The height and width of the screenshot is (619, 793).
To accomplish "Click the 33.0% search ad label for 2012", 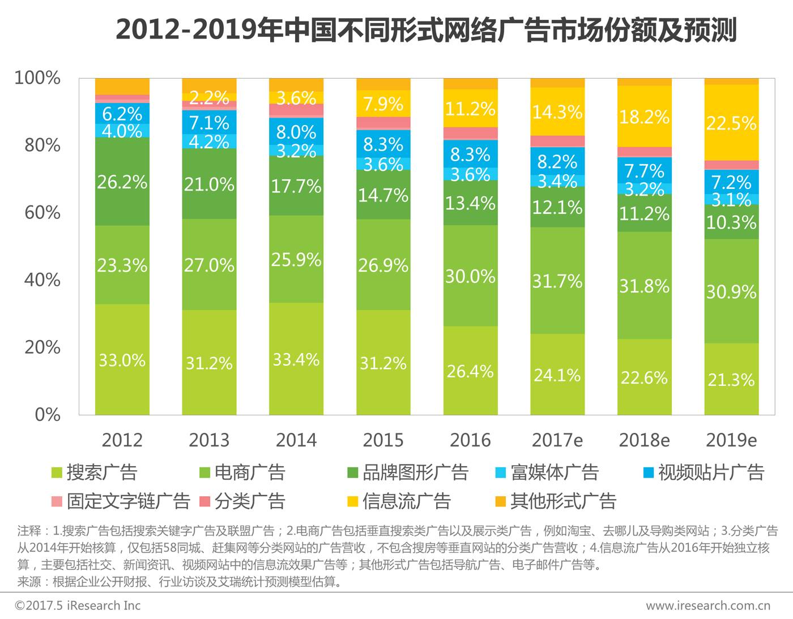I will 122,360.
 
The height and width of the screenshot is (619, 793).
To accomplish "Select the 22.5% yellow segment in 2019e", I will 731,123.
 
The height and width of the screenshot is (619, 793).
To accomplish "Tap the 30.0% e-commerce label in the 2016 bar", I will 470,277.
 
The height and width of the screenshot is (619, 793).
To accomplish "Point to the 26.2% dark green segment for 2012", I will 122,182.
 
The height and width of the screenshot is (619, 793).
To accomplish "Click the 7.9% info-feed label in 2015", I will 383,104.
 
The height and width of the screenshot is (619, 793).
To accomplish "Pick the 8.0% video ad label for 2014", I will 296,132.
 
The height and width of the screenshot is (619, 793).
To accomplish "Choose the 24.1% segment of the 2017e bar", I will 557,375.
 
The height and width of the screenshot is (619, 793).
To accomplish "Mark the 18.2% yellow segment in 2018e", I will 644,117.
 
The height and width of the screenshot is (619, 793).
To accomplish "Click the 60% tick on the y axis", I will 42,213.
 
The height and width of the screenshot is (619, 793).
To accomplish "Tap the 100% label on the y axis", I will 37,78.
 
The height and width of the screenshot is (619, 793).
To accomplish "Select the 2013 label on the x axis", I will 209,440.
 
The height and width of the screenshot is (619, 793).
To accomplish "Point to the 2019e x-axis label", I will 731,440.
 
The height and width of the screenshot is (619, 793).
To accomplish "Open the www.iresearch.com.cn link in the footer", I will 708,606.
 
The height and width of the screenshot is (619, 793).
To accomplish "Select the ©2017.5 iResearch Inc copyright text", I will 78,606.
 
